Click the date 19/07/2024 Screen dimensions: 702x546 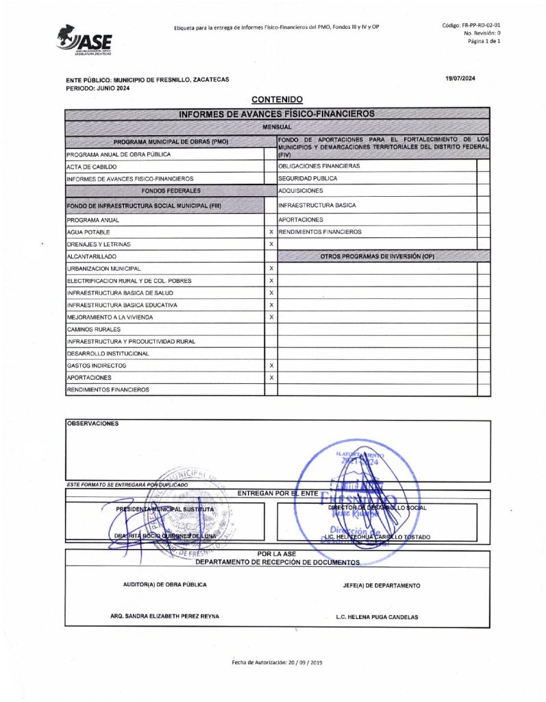tap(460, 78)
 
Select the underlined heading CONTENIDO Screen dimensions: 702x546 tap(277, 100)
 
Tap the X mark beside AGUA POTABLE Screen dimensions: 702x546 tap(271, 232)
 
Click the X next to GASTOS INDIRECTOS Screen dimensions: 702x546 tap(271, 366)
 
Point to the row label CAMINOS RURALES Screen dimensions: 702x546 tap(89, 330)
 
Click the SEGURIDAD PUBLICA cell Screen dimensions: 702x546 tap(308, 178)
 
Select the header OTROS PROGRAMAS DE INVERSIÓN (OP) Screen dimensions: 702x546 tap(377, 256)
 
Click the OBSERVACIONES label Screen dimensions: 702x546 tap(92, 424)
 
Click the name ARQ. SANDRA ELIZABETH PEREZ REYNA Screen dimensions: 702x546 tap(164, 616)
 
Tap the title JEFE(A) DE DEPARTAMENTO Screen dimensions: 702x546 tap(381, 585)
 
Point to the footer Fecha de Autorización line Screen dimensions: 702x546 tap(275, 664)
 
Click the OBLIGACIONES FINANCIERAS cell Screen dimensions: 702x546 tap(319, 166)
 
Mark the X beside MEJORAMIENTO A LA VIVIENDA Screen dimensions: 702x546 tap(271, 317)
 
